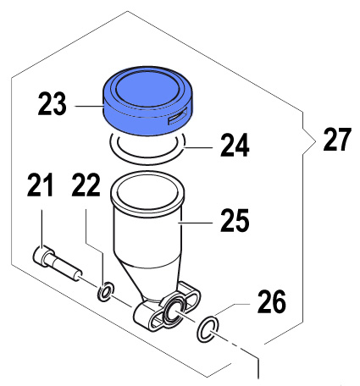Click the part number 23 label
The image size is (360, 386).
53,104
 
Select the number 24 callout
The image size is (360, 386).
235,146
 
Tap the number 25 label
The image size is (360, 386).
235,220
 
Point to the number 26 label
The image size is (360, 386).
272,302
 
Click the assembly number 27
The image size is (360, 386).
337,140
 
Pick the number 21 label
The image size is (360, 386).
40,185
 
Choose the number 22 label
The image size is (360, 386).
86,185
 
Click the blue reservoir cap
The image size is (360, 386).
147,101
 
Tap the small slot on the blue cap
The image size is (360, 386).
177,118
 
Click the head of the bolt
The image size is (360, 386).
43,256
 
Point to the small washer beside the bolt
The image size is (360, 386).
106,291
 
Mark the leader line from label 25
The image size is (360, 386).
196,223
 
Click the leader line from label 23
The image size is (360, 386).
89,106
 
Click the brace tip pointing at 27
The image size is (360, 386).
315,141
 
